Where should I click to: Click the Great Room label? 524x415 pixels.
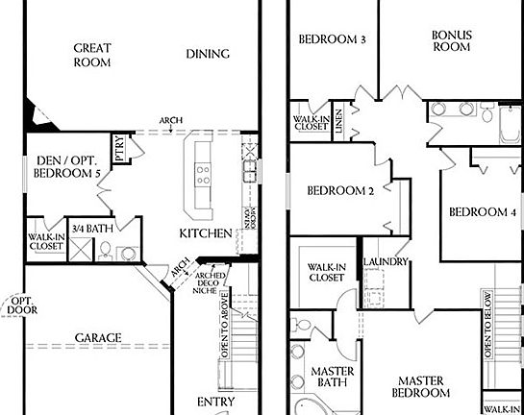point(93,55)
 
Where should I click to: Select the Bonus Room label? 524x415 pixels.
point(451,40)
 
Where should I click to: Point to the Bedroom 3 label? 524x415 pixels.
point(332,39)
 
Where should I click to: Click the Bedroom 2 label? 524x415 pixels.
point(340,190)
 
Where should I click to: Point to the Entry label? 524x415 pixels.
point(215,402)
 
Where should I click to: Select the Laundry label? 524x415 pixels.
point(387,261)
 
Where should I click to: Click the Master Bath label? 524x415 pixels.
point(333,378)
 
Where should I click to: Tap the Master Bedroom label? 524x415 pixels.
point(424,386)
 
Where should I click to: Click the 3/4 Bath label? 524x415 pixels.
point(92,229)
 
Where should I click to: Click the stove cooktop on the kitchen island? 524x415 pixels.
point(203,174)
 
